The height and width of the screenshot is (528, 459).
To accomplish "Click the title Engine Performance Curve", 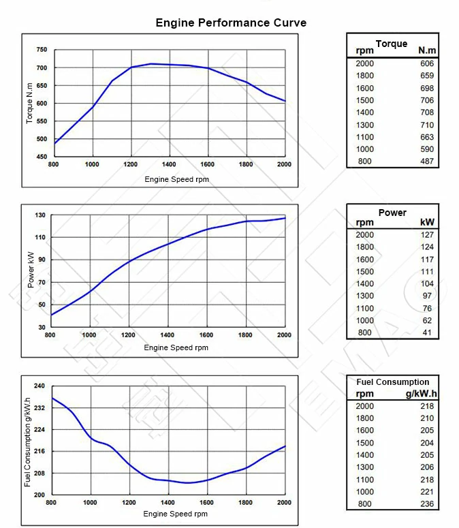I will coord(231,22).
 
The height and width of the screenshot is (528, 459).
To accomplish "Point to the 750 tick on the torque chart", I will coord(42,50).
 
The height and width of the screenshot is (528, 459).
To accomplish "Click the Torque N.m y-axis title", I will coord(29,103).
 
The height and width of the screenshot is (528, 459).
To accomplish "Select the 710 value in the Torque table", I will coord(427,125).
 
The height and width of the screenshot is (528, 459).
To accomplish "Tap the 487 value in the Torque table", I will coord(427,161).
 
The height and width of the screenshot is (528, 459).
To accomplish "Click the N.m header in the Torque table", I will coord(427,50).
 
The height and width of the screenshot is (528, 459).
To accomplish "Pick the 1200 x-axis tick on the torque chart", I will coord(131,164).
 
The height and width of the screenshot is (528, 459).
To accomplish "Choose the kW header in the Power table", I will coord(428,223).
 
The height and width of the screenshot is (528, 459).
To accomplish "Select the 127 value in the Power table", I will coord(427,234).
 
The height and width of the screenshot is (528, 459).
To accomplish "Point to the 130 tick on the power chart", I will coord(40,215).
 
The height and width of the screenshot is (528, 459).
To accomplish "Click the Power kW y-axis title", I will coord(30,271).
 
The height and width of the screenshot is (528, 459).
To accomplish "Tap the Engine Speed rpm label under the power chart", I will coord(176,347).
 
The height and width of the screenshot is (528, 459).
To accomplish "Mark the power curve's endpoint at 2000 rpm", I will coord(285,218).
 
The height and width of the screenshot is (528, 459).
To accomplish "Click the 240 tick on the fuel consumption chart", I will coord(39,386).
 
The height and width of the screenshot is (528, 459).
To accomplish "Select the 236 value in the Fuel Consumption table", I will coord(427,504).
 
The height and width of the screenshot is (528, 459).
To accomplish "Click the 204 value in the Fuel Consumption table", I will coord(427,443).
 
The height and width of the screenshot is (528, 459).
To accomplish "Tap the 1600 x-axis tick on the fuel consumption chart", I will coord(207,502).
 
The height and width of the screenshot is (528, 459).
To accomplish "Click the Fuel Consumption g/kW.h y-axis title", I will coord(28,441).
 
